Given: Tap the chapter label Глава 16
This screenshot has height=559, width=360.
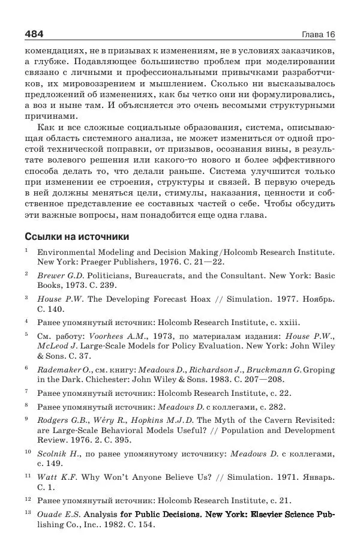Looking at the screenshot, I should [x=318, y=34].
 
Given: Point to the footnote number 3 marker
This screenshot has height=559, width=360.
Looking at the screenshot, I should [x=27, y=296].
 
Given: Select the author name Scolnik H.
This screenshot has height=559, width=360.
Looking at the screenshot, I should [x=58, y=454].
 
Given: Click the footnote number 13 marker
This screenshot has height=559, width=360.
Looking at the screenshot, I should [x=28, y=513].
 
